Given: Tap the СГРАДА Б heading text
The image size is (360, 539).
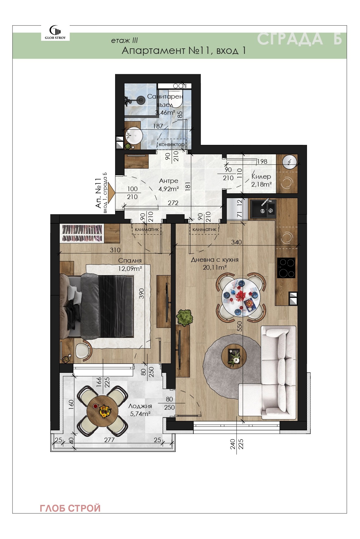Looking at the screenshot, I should click(299, 40).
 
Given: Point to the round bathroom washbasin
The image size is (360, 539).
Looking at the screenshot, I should click(134, 136).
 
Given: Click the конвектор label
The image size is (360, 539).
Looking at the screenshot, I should click(171, 144).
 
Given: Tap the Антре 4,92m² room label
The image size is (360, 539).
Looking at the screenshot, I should click(168, 185).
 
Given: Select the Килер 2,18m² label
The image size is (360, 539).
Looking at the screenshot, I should click(261, 180).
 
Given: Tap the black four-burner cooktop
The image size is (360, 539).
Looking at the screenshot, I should click(286, 268).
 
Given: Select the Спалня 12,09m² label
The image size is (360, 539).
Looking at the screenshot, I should click(130, 264).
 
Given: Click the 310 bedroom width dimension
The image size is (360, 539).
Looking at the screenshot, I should click(115, 250).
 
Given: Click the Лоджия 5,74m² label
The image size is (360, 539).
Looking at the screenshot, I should click(140, 410).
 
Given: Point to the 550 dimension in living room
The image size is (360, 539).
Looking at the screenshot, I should click(240, 326).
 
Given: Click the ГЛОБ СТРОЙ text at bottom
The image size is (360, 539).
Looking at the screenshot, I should click(70, 508).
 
